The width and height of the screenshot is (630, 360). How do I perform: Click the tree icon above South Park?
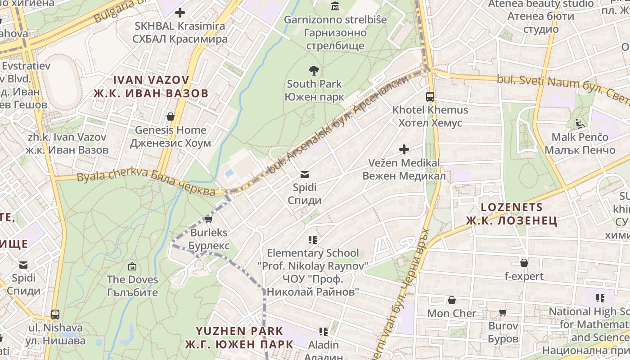[314, 70]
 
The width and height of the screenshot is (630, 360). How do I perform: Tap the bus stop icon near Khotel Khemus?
[430, 96]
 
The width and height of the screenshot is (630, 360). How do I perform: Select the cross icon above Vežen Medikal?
[404, 149]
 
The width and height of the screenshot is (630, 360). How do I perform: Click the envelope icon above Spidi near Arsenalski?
[305, 174]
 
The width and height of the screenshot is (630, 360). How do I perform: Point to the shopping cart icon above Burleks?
[208, 219]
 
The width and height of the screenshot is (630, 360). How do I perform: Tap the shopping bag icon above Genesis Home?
[171, 117]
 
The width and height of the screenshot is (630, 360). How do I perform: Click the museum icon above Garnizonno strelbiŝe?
[335, 6]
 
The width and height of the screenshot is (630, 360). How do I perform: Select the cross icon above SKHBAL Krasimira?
[180, 13]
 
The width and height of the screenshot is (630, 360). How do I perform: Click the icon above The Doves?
[132, 266]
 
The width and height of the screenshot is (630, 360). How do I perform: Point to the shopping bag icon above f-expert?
[524, 263]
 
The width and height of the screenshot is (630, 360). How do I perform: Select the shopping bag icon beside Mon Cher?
[452, 300]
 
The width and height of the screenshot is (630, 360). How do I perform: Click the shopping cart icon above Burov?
[503, 312]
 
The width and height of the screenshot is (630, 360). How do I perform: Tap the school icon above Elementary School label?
[313, 239]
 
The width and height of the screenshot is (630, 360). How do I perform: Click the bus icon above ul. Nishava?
[55, 314]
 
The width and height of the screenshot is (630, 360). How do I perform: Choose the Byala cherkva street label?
[146, 183]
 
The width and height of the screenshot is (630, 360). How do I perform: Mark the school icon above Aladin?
[324, 332]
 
